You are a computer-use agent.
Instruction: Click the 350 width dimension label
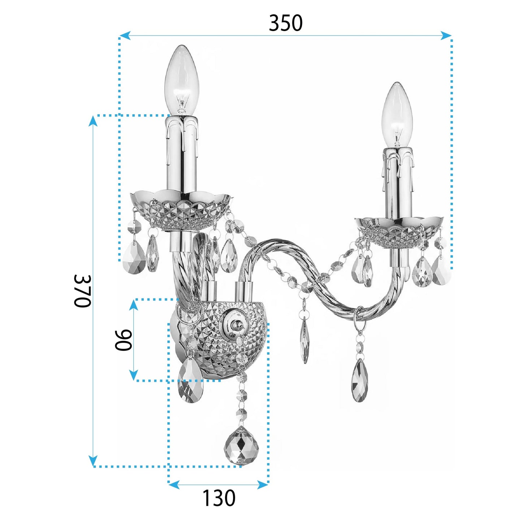click(x=285, y=23)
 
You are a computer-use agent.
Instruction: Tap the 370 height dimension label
click(x=82, y=291)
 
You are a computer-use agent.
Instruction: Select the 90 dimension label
click(x=123, y=340)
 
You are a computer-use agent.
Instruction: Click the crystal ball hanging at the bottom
click(x=241, y=446)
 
